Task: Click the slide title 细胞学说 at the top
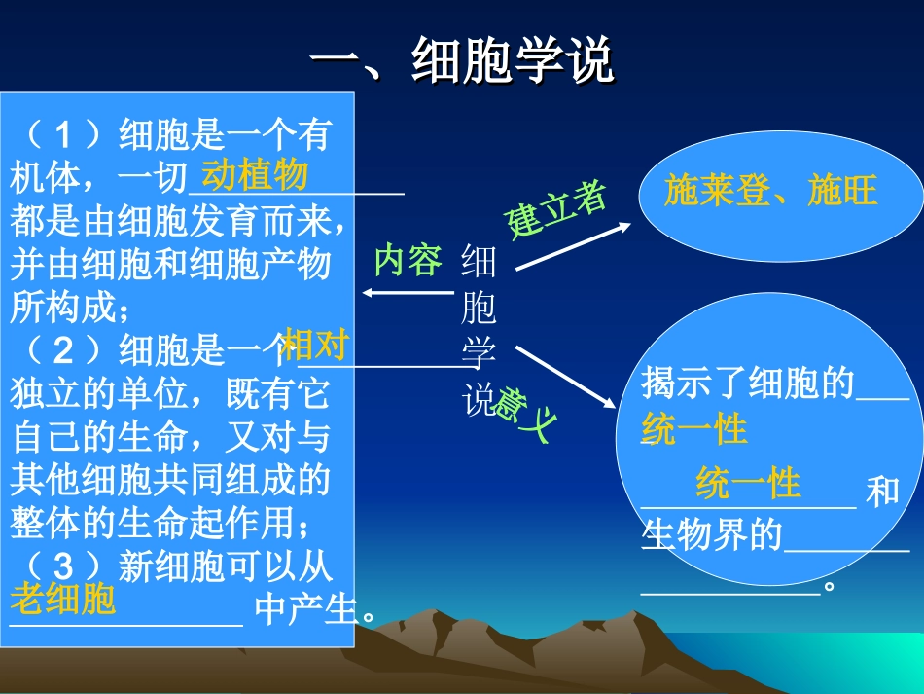463,61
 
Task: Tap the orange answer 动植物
255,175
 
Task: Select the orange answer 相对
315,346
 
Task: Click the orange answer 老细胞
63,599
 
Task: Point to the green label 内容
408,261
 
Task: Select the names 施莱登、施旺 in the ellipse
770,192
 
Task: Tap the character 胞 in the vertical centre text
479,310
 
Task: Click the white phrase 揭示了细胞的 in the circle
747,384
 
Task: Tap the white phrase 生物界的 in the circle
712,533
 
